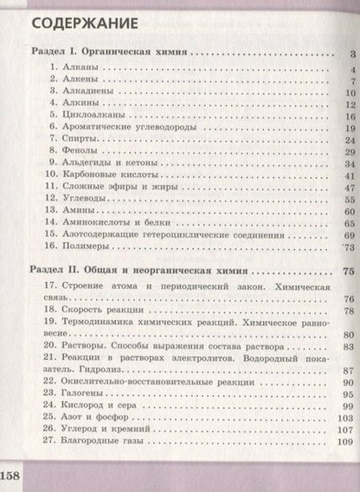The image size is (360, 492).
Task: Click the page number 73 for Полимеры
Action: (347, 246)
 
